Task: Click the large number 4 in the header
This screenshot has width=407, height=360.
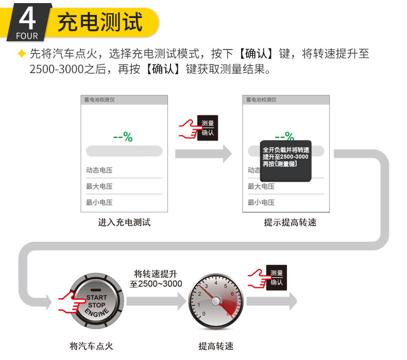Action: [x=27, y=18]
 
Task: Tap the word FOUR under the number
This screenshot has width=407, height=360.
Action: [x=27, y=36]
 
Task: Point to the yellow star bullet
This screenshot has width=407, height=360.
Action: [x=21, y=54]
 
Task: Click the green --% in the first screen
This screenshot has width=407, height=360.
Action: [x=123, y=137]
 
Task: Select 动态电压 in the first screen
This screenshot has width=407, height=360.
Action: [x=99, y=170]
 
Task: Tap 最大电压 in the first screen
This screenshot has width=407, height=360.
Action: [x=99, y=186]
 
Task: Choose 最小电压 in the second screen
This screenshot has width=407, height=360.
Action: [x=261, y=202]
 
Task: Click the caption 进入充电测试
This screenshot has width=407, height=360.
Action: [x=124, y=222]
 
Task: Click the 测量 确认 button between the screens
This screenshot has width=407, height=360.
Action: [x=207, y=128]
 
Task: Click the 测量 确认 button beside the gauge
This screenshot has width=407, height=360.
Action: [x=276, y=278]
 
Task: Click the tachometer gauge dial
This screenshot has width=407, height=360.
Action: [x=215, y=301]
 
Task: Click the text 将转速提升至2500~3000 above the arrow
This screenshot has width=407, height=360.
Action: [x=155, y=279]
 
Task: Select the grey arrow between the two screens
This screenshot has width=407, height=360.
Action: [x=203, y=153]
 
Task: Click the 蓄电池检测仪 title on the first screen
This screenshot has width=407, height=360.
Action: [x=100, y=100]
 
